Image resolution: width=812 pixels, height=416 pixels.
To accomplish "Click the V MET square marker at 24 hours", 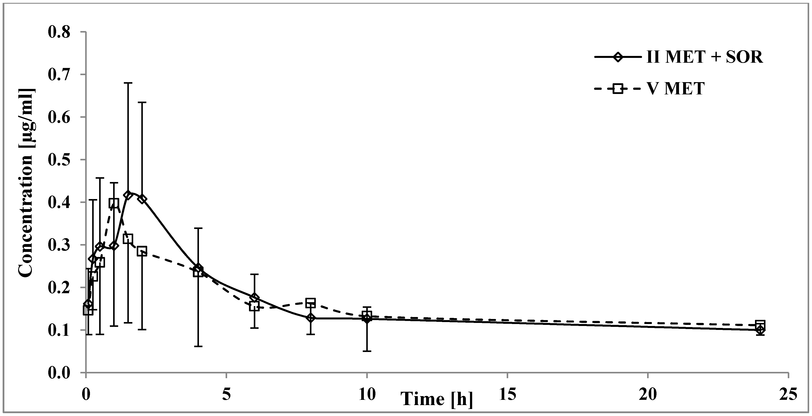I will [x=760, y=324].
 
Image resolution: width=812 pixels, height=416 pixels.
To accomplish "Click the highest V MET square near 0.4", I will [x=114, y=203].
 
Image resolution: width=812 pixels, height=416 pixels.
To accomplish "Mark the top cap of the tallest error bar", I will [x=128, y=83].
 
